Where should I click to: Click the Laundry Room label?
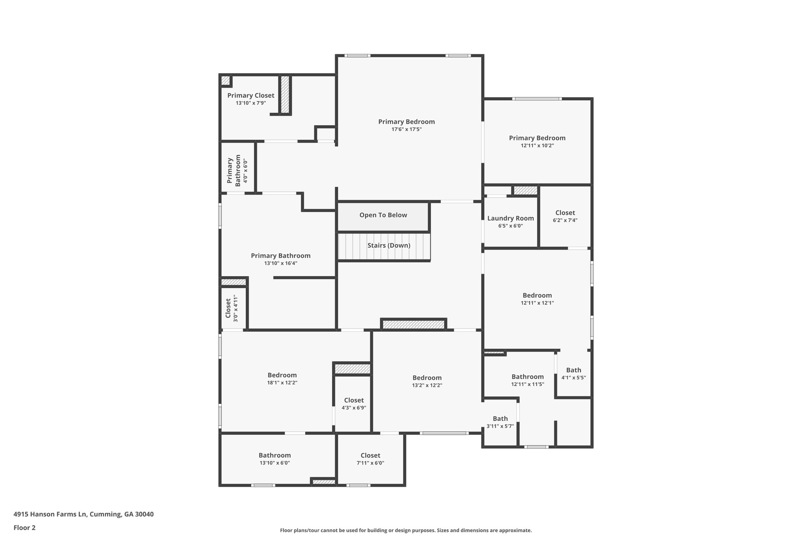coord(510,218)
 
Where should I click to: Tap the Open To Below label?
coord(383,215)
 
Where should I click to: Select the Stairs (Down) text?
coord(389,246)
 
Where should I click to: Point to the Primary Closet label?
coord(251,96)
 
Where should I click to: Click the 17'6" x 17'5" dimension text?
coord(406,129)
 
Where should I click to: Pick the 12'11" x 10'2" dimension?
coord(537,145)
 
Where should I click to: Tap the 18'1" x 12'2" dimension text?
coord(282,383)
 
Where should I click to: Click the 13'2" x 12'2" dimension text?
coord(427,385)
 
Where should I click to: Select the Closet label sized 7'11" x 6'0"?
coord(370,456)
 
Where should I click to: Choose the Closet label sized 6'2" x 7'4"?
coord(565,213)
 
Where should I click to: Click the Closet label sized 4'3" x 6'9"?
coord(354,400)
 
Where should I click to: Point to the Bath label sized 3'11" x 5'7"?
coord(500,419)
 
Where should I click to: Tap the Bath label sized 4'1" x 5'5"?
coord(574,370)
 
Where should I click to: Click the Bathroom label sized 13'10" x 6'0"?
coord(275,456)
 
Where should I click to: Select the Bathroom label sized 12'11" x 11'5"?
coord(527,377)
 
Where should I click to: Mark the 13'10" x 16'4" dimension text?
coord(281,263)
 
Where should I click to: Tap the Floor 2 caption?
coord(25,528)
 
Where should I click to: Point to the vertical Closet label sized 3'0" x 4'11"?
coord(228,308)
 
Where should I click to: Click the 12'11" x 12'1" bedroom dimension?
coord(537,303)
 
